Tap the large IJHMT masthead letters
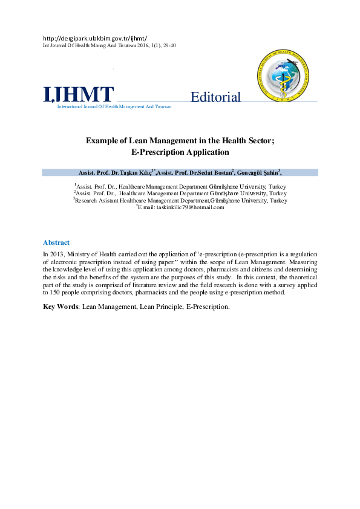pos(78,95)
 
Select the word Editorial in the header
pos(215,97)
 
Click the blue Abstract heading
pos(56,242)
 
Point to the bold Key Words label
pos(61,306)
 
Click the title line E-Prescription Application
pos(180,152)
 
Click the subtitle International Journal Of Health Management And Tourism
pos(114,106)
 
